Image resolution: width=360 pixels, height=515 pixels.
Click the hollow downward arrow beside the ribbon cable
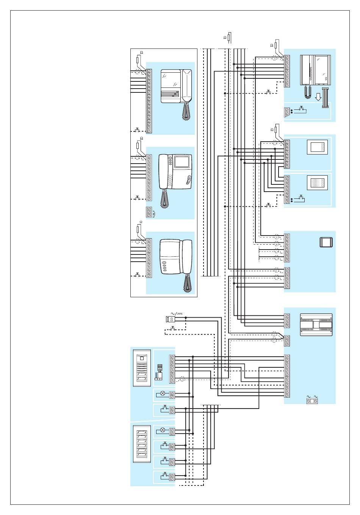318,97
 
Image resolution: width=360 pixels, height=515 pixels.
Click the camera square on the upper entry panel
142,358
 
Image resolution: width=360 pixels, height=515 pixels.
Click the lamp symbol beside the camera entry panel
163,394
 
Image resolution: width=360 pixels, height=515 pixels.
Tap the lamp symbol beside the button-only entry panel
163,430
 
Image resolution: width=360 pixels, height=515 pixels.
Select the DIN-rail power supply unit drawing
316,325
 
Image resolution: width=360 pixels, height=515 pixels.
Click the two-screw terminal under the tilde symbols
311,401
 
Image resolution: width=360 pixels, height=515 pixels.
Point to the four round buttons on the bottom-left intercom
164,267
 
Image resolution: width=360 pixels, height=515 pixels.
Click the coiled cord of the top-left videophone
186,112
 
